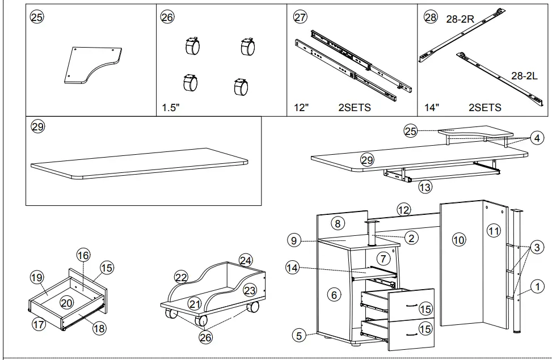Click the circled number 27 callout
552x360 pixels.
tap(300, 18)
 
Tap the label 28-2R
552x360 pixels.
tap(460, 19)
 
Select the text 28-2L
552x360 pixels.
tap(524, 75)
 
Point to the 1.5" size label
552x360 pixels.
tap(170, 108)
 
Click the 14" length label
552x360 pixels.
tap(432, 108)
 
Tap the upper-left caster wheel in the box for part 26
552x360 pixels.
tap(192, 46)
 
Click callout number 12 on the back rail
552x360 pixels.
tap(403, 210)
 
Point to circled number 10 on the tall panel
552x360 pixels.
tap(458, 240)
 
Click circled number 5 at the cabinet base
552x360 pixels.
tap(299, 334)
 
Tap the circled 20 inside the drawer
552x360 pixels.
tap(67, 303)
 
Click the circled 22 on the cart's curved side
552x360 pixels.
tap(181, 278)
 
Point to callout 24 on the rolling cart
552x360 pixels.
tap(245, 260)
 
